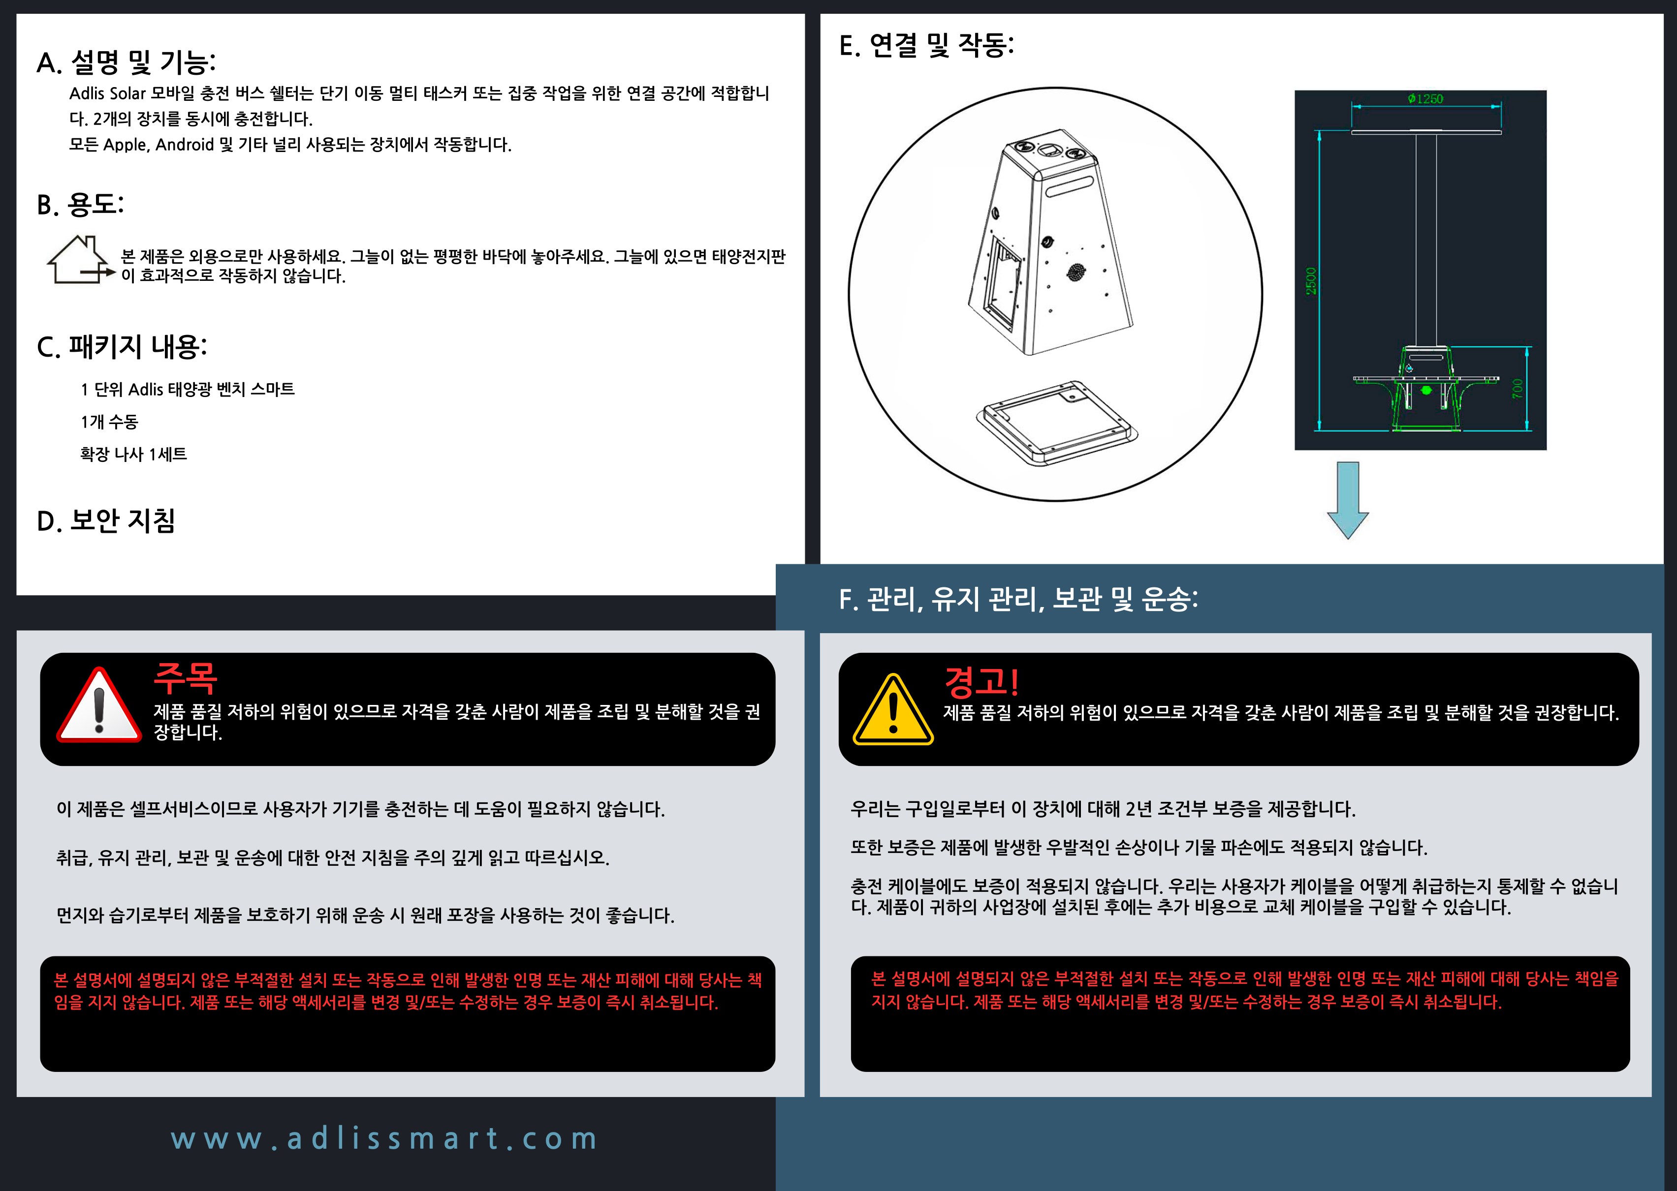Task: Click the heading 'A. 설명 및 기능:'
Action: (126, 63)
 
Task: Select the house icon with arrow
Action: (80, 260)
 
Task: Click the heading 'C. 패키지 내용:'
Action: (122, 347)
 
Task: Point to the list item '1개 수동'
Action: (109, 422)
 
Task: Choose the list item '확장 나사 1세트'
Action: (133, 455)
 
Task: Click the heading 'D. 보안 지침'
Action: (106, 520)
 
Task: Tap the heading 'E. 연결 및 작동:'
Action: (926, 45)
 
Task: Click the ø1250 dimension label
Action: (1425, 98)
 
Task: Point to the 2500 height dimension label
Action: (1311, 281)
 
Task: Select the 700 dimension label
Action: (1517, 388)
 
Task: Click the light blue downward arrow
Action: (1348, 500)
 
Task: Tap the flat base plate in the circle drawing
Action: (1057, 423)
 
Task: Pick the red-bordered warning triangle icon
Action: (99, 705)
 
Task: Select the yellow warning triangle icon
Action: (893, 709)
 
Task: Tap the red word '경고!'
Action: (981, 682)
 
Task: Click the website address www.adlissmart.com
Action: (384, 1138)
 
